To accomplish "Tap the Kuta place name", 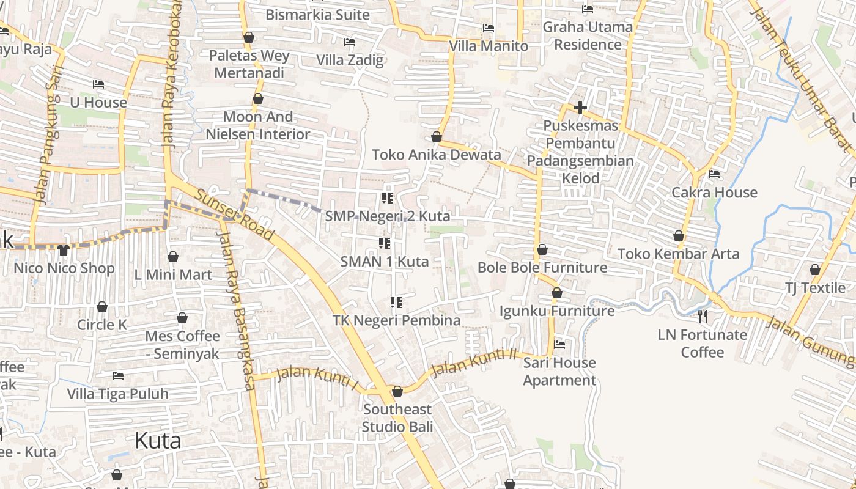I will pos(158,440).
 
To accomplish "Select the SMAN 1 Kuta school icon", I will pos(385,243).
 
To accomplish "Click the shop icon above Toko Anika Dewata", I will pos(437,136).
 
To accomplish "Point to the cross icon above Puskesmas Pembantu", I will pos(580,108).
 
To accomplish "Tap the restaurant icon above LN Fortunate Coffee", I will pos(703,316).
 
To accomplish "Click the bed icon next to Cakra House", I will pos(714,174).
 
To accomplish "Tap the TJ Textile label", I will pos(815,287).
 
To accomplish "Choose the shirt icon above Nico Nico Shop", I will pos(64,250).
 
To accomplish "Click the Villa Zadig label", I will pos(350,60).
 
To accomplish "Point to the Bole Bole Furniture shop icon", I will pos(542,249).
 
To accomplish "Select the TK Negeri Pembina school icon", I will pos(396,302).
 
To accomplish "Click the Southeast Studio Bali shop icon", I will pos(397,391).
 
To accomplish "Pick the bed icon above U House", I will pos(98,84).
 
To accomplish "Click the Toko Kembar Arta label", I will pos(678,254).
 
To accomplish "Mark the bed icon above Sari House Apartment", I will pos(559,345).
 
